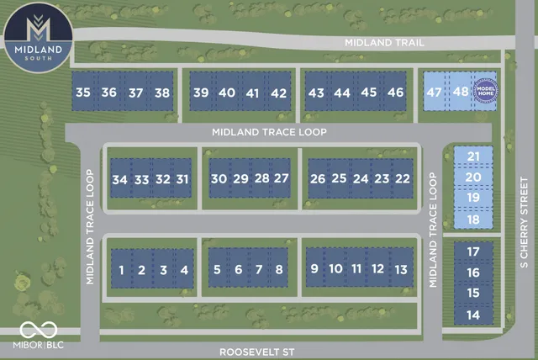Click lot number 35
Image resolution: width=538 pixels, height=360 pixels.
pyautogui.click(x=82, y=93)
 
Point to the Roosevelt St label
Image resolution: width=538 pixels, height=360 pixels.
pyautogui.click(x=251, y=351)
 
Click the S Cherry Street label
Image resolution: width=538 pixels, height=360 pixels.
pyautogui.click(x=523, y=222)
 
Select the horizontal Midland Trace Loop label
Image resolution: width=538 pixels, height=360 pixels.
pyautogui.click(x=268, y=132)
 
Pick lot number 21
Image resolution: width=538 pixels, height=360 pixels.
pyautogui.click(x=473, y=156)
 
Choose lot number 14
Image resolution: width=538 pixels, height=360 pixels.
pyautogui.click(x=473, y=314)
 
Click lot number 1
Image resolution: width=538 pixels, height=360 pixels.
pyautogui.click(x=122, y=270)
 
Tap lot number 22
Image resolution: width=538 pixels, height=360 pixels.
pyautogui.click(x=403, y=178)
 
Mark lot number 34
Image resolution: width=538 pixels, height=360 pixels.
pyautogui.click(x=119, y=179)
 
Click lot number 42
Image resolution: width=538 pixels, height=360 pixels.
pyautogui.click(x=278, y=93)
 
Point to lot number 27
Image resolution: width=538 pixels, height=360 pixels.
pyautogui.click(x=282, y=178)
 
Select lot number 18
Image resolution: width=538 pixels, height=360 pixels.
pyautogui.click(x=473, y=220)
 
